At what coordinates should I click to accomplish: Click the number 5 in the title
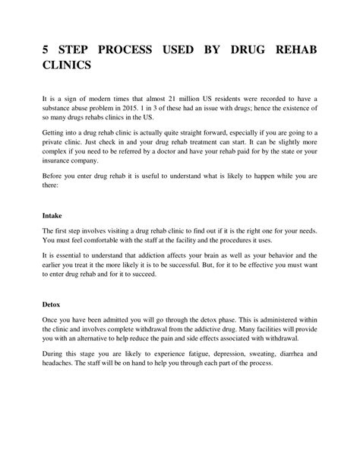tap(46, 49)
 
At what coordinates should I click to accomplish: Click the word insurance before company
tap(58, 182)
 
